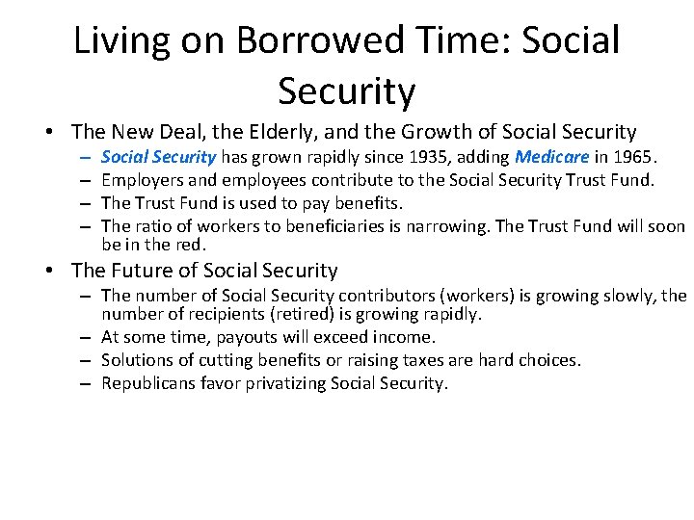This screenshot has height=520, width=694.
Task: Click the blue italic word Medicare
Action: (549, 157)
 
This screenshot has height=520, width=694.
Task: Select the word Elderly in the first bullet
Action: (280, 132)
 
